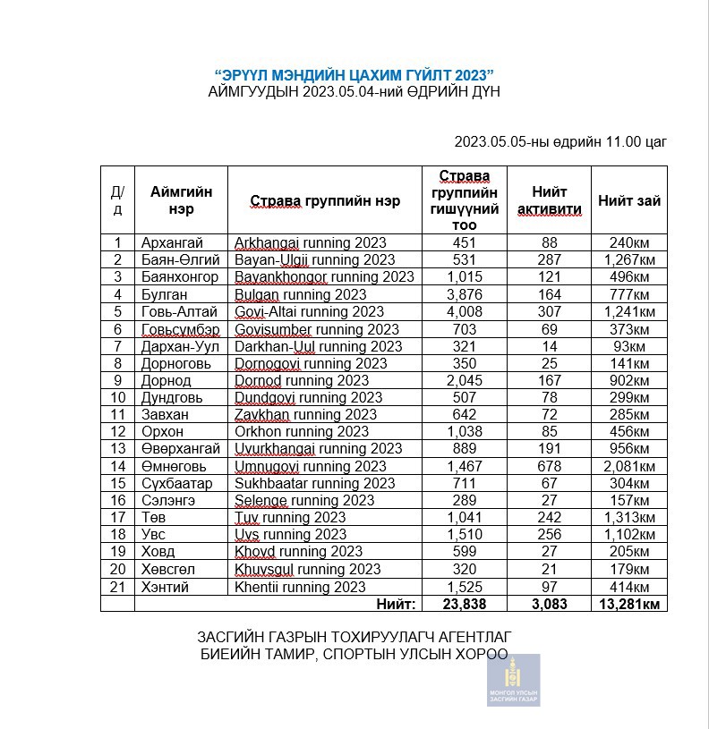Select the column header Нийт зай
629,200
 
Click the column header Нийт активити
550,200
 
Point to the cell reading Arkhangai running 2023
310,243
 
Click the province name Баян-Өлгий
179,260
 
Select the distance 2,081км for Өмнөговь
629,467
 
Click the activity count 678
550,467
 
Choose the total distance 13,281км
629,605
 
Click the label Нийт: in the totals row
395,605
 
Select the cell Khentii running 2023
300,587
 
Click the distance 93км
629,346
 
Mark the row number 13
117,449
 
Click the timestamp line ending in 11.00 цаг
560,141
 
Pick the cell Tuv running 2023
290,518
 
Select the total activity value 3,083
550,605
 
